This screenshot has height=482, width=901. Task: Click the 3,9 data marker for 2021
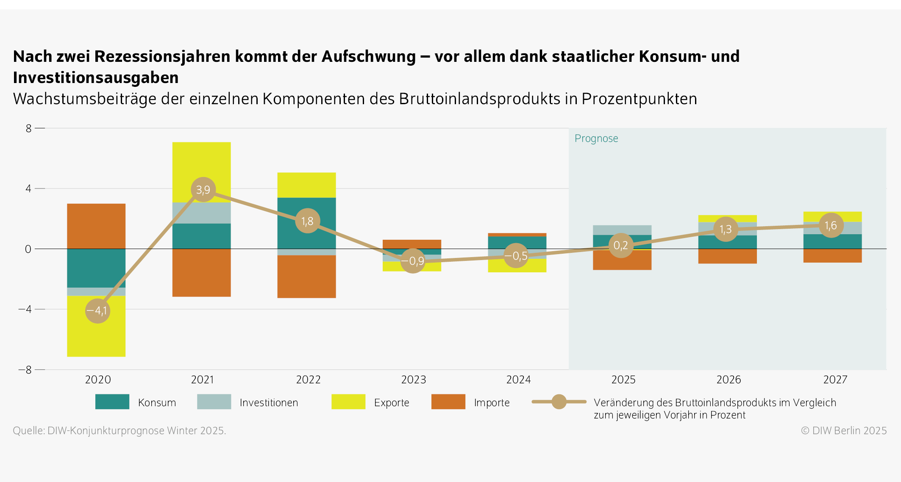[203, 189]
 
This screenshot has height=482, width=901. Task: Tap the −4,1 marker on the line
[97, 310]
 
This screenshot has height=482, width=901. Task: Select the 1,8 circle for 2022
[307, 221]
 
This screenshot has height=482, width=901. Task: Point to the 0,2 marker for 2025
[621, 245]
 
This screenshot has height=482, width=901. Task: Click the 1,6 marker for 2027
[831, 225]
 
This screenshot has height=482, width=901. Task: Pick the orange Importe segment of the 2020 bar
[96, 226]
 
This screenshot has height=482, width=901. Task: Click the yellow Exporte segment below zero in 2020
[96, 335]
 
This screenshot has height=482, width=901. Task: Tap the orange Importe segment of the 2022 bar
[307, 276]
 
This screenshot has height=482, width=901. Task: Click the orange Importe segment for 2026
[727, 256]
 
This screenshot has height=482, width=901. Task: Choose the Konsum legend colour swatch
[112, 402]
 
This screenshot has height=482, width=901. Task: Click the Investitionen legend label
[269, 402]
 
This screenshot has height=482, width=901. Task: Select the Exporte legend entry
[391, 402]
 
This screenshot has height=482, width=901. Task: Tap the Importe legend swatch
[448, 402]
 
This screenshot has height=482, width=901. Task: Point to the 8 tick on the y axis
[28, 128]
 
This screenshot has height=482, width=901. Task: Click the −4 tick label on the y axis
[25, 309]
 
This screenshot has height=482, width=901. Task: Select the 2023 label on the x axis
[413, 380]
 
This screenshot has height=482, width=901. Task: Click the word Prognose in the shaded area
[596, 139]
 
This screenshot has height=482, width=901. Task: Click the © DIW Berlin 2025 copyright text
[843, 430]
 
